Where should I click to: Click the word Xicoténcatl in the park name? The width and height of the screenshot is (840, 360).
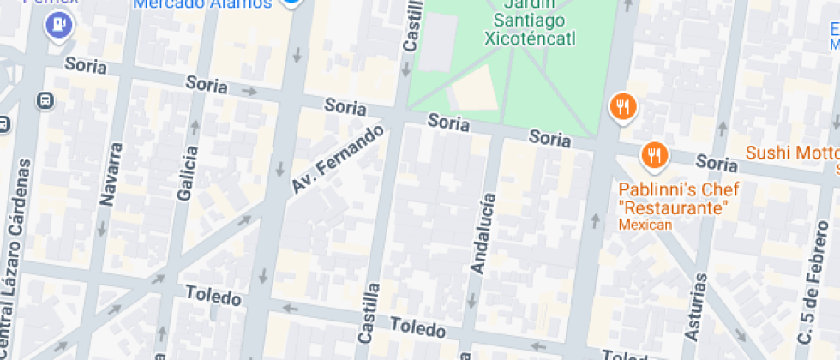(530, 38)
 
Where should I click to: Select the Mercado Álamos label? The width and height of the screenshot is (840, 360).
(203, 3)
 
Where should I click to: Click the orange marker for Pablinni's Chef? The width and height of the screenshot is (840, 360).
(654, 155)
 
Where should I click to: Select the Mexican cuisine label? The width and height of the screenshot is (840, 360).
(645, 225)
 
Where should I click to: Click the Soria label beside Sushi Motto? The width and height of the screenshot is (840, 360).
(717, 162)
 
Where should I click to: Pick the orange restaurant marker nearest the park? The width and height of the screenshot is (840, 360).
(623, 107)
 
